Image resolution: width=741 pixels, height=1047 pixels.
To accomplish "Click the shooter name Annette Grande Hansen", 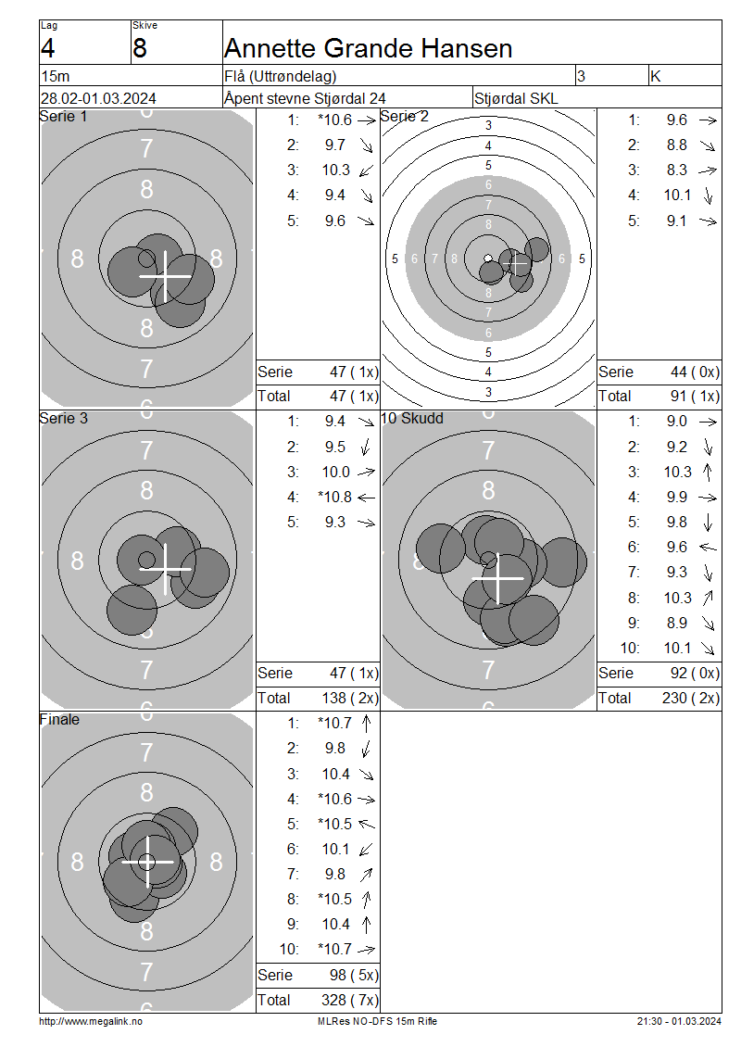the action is (x=368, y=49).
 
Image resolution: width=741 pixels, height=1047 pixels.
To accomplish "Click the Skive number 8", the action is (x=140, y=49).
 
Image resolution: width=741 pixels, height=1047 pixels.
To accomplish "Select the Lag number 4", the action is (x=48, y=49).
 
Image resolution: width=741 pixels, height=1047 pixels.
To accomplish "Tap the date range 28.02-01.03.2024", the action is (x=98, y=98).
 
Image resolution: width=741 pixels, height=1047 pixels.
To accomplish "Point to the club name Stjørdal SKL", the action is (x=516, y=99).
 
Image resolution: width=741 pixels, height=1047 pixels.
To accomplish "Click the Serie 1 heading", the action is (x=63, y=116).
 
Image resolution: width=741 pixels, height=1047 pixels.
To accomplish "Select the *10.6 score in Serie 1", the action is (x=335, y=120).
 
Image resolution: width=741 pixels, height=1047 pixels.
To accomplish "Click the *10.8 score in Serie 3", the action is (x=335, y=497).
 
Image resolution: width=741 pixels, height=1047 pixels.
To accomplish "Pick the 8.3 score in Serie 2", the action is (x=677, y=170).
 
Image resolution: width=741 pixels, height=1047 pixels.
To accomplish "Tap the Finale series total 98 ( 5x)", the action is (x=354, y=975).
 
